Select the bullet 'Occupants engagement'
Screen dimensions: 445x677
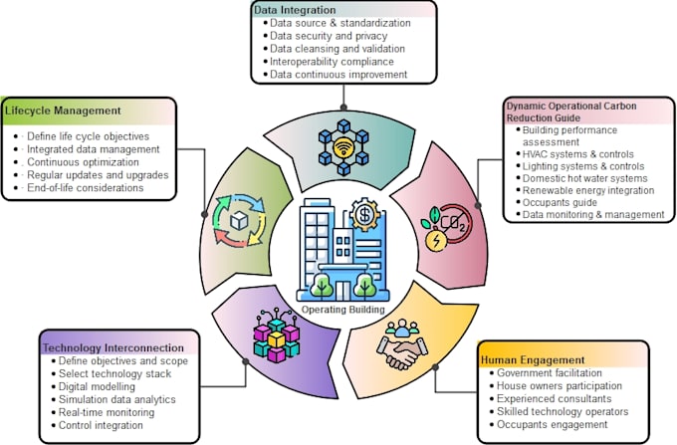coord(549,424)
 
